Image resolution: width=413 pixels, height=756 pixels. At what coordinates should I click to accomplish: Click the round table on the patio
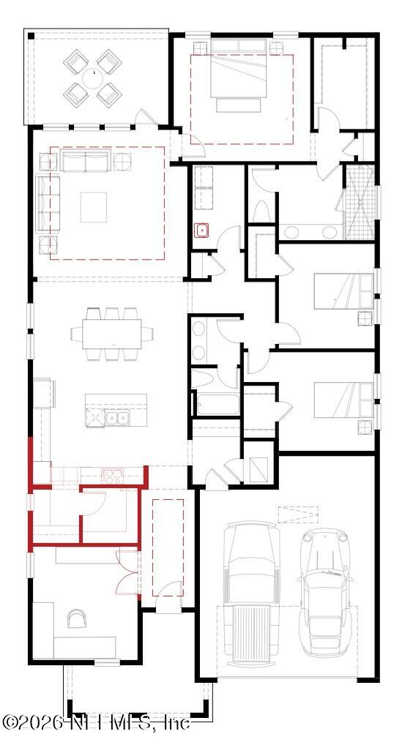pos(93,75)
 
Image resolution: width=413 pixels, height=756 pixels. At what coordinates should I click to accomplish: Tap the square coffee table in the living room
pos(97,207)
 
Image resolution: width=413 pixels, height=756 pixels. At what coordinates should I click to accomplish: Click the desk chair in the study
pos(76,620)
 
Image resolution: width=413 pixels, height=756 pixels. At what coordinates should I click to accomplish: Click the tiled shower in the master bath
pos(359,202)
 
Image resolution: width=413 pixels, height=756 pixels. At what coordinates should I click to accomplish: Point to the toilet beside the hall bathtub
pos(201,379)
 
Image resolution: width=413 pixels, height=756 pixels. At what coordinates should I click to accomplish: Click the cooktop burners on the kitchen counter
pos(112,475)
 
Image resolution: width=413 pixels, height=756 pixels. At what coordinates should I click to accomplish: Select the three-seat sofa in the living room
pos(85,162)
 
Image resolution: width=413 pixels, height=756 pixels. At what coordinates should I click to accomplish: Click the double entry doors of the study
pos(126,571)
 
